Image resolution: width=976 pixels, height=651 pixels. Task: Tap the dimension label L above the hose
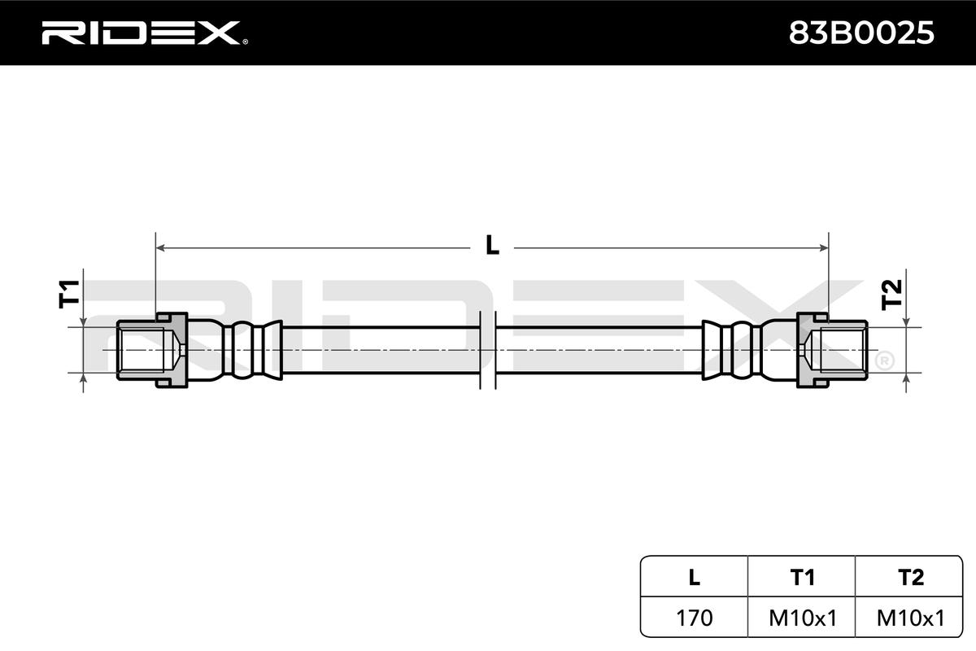point(492,245)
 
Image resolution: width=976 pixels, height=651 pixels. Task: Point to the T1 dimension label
point(70,293)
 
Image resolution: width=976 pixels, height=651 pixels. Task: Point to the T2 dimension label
point(892,293)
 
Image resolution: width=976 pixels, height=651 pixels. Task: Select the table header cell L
point(694,577)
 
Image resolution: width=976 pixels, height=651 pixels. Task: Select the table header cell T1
point(803,577)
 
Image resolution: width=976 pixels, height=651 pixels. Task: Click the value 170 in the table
point(694,618)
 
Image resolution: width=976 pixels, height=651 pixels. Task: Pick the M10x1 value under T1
point(803,618)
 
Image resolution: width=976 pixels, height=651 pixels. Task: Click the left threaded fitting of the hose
point(150,350)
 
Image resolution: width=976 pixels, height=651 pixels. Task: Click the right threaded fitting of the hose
point(834,350)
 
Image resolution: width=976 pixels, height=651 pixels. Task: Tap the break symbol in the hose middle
point(488,350)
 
